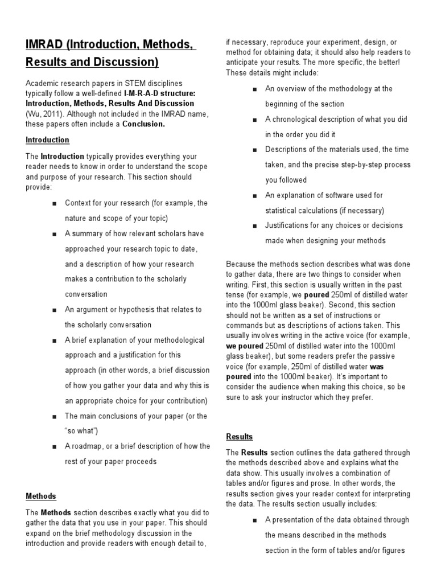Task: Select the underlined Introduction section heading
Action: pos(47,140)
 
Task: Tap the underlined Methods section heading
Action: pos(41,496)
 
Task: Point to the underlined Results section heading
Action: pos(240,437)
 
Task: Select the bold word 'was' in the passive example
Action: pos(378,367)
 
